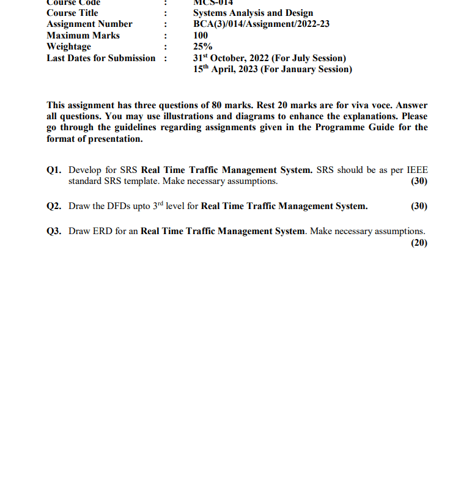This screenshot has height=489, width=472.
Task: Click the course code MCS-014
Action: pos(213,2)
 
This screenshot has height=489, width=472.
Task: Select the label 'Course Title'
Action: pos(72,13)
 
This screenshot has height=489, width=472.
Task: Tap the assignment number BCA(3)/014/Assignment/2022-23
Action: pos(261,24)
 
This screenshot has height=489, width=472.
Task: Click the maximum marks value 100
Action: pos(200,35)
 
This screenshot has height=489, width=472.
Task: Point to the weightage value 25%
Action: pos(202,46)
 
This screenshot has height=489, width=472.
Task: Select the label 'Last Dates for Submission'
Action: pos(101,58)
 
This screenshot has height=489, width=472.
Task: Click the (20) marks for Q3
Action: pos(419,243)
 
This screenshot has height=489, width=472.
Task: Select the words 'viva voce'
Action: pos(377,105)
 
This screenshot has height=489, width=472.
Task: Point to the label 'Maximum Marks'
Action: pos(83,35)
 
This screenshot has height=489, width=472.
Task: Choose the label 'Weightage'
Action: pos(68,46)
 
